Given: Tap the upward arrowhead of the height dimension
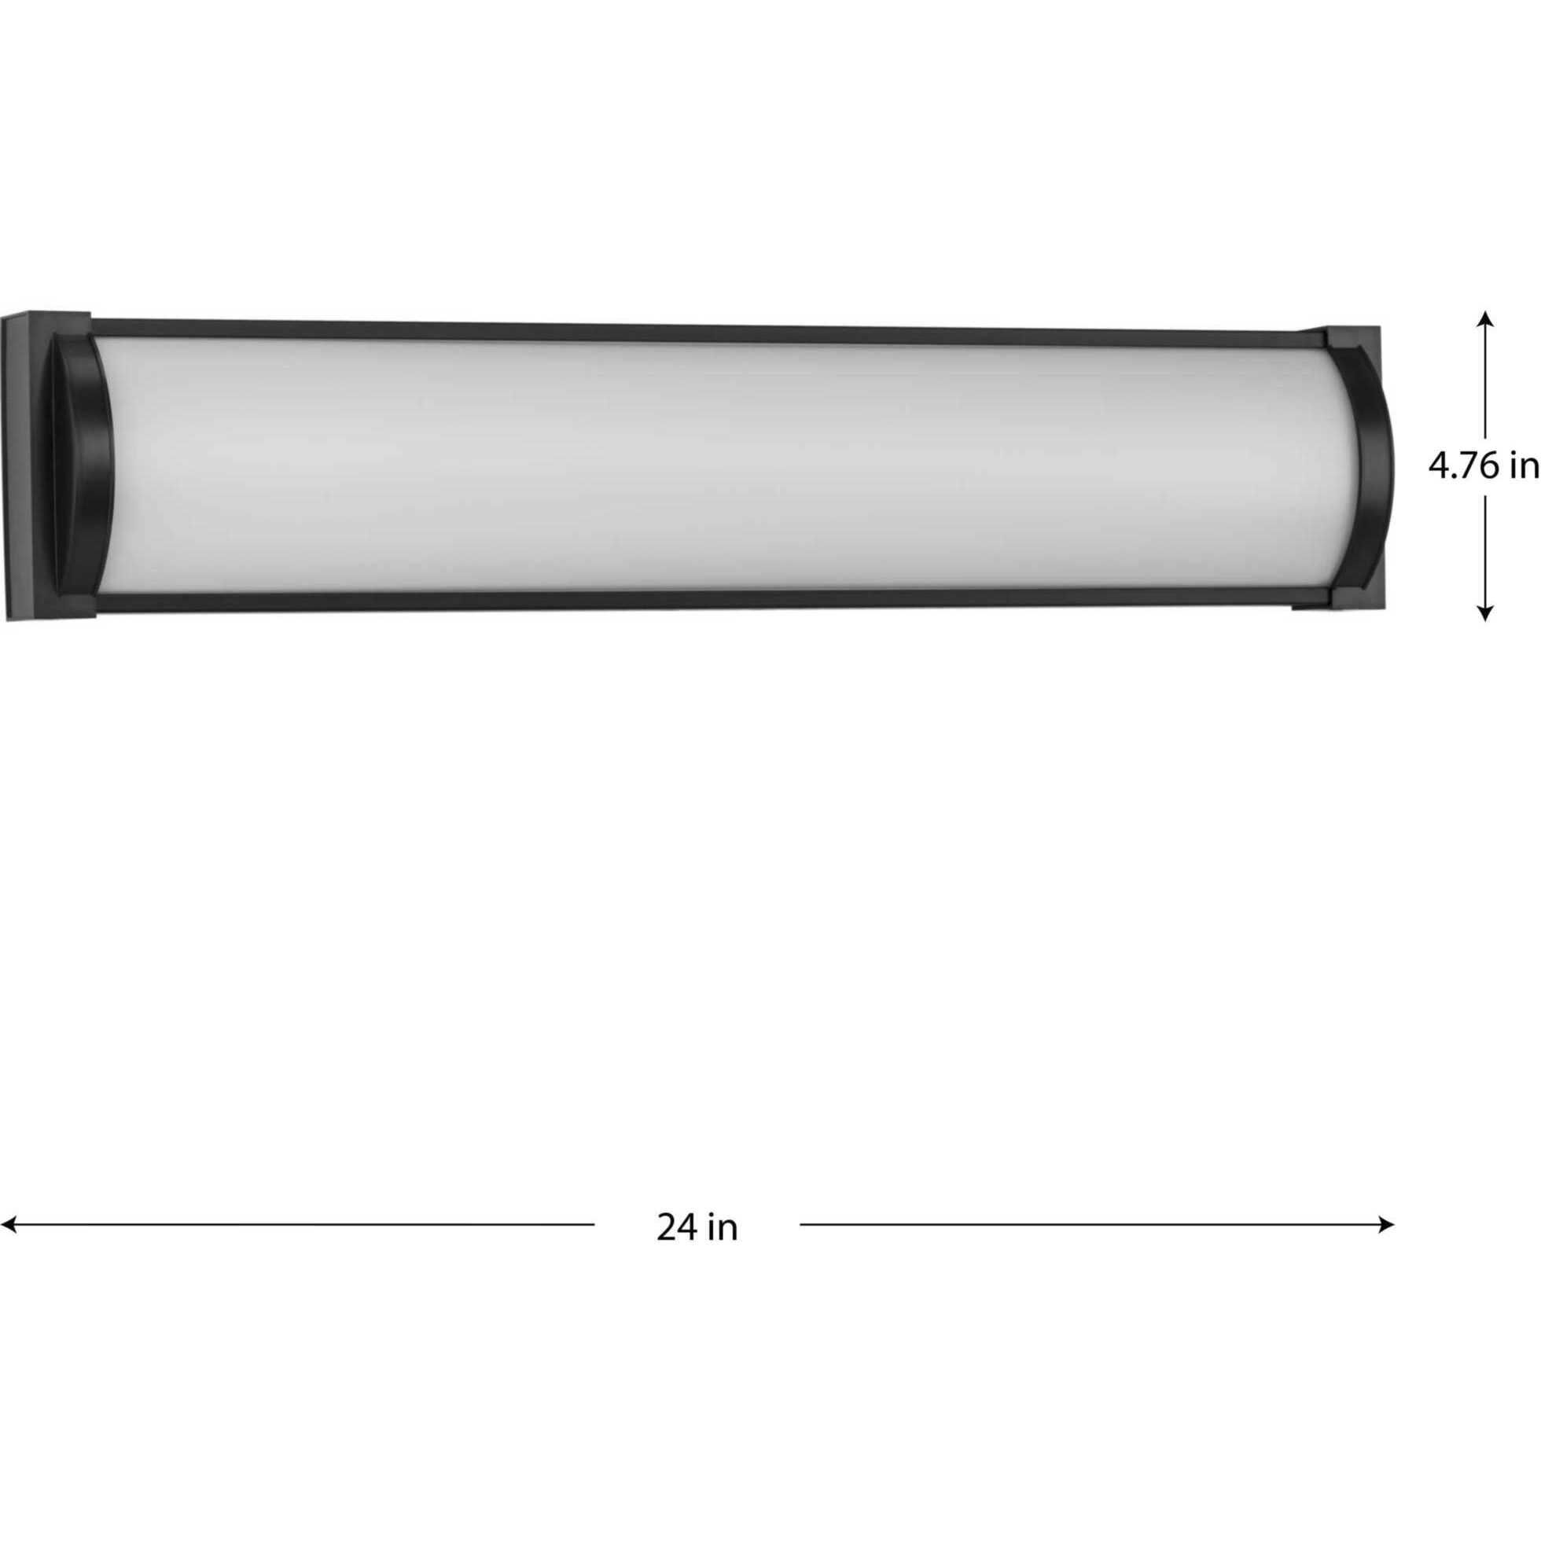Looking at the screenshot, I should [1485, 317].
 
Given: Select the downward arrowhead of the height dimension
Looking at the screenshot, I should [1485, 613].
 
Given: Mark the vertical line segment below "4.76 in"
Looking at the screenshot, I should [1485, 550].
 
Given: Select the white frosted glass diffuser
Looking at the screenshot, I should [718, 466].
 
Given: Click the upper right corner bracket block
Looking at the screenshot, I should [1356, 339].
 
